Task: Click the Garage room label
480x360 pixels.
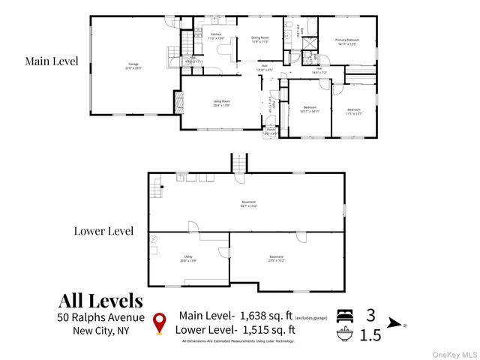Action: tap(133, 67)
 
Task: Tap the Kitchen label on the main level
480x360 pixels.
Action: tap(216, 35)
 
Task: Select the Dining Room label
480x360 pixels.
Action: tap(259, 40)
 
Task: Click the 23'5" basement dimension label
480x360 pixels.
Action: tap(277, 260)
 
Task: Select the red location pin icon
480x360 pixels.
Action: tap(159, 322)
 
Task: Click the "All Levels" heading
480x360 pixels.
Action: tap(100, 301)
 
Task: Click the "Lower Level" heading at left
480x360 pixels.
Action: tap(103, 230)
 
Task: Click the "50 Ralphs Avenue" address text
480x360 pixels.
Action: tap(101, 319)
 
